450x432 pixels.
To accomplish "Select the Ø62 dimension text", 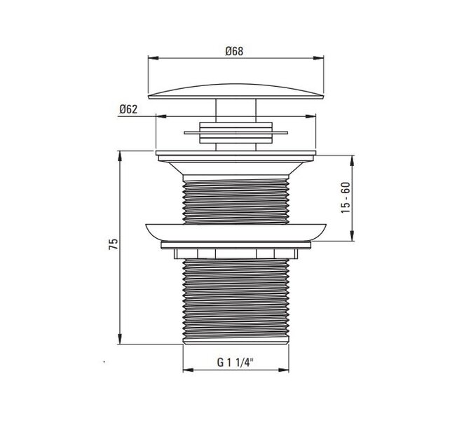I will pyautogui.click(x=128, y=109).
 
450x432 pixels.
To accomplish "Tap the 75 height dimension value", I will pyautogui.click(x=114, y=244).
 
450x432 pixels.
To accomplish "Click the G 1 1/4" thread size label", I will pyautogui.click(x=235, y=362).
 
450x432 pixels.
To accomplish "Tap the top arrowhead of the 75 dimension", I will pyautogui.click(x=123, y=153).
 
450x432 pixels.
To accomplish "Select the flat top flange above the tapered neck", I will pyautogui.click(x=236, y=153).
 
